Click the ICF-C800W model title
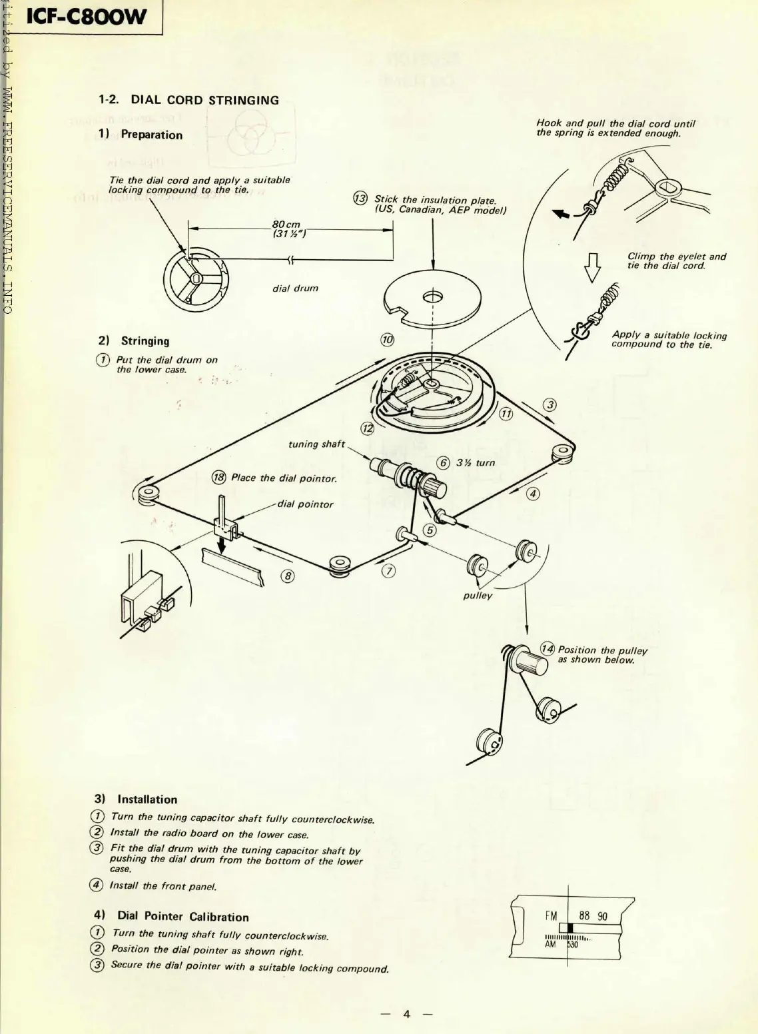pos(85,17)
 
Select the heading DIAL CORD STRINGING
pos(204,101)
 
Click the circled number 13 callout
pos(360,199)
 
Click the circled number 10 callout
pos(387,340)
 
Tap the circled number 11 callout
pos(506,414)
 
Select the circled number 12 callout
pos(367,428)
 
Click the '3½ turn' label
pos(476,463)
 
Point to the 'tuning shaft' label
pos(316,444)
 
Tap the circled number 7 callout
pos(389,571)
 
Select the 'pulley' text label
pos(478,596)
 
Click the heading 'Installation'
pos(147,799)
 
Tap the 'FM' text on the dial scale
pos(551,915)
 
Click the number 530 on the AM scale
pos(572,945)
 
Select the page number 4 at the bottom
pos(406,1014)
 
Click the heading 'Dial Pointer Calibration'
pos(183,917)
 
